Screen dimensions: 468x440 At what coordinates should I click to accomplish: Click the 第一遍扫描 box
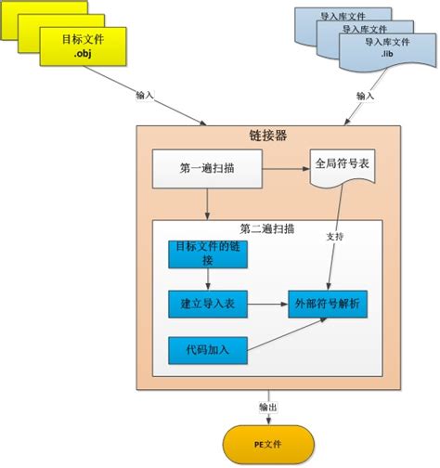pos(207,169)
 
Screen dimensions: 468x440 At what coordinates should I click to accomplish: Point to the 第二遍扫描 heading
pos(266,228)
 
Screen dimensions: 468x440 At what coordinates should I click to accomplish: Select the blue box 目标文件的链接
pos(207,253)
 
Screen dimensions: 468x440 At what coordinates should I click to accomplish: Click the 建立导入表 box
pos(207,304)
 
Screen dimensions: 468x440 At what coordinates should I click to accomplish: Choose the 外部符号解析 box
pos(327,304)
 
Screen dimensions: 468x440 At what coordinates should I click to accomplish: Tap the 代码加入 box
pos(207,350)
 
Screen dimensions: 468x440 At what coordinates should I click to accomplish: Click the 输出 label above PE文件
pos(267,406)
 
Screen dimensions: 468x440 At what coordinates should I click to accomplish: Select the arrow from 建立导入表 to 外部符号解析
pos(266,304)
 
